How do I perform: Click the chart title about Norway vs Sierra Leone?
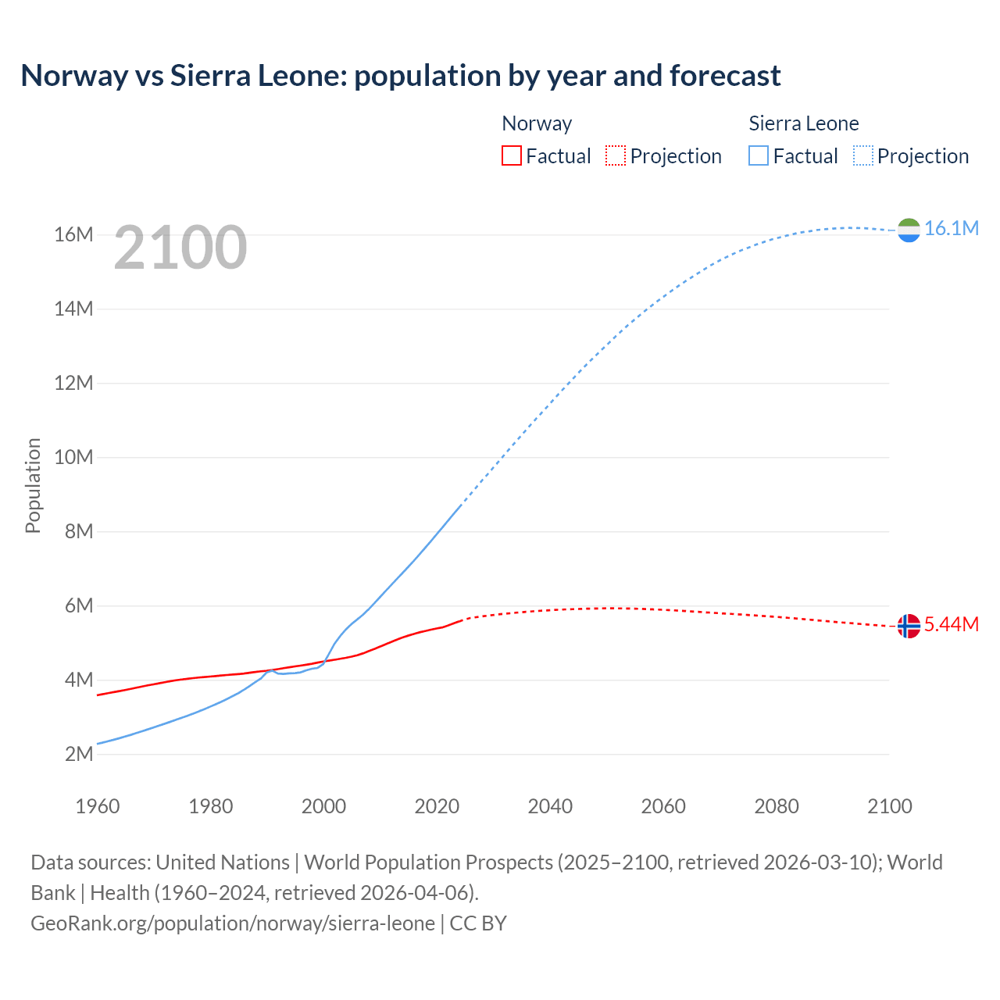coord(400,76)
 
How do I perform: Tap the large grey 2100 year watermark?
coord(180,248)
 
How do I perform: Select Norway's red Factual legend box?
coord(511,155)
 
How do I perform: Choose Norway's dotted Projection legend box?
coord(616,155)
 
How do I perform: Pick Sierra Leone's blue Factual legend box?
coord(759,155)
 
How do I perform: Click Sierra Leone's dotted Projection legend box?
coord(863,155)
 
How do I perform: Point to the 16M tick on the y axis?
coord(73,234)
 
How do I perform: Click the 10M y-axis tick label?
coord(73,457)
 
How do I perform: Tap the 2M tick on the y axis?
coord(78,754)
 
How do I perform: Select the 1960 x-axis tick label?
coord(98,806)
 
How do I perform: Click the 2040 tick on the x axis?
coord(550,806)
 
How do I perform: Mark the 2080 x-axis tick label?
coord(777,806)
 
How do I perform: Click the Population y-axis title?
coord(33,485)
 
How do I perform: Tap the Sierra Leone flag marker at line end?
coord(909,230)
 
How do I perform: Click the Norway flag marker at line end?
coord(909,626)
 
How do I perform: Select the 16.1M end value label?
coord(951,228)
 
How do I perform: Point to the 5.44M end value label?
coord(951,624)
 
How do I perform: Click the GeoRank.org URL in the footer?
coord(233,923)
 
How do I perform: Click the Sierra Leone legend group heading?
coord(803,123)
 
